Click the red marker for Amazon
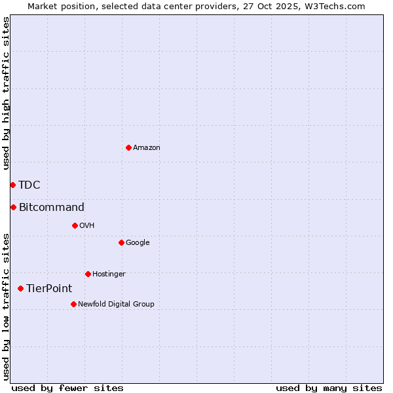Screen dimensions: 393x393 [x=128, y=147]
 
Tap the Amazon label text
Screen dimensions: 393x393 [x=147, y=148]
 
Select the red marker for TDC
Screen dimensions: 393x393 [x=12, y=185]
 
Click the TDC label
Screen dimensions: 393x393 [x=29, y=185]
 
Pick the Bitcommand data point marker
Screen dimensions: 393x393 [x=13, y=207]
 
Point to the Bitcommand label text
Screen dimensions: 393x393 [x=52, y=208]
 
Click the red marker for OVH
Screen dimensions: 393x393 [x=75, y=225]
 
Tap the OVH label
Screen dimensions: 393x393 [x=87, y=226]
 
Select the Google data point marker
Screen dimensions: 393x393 [x=121, y=242]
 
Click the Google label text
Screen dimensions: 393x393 [x=138, y=243]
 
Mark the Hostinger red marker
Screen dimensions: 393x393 [x=88, y=274]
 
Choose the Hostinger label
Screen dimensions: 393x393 [x=109, y=274]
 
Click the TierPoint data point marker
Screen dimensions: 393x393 [x=20, y=288]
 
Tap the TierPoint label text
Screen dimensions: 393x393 [x=49, y=289]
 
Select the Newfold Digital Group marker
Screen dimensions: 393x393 [x=73, y=304]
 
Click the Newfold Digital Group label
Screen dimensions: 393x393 [x=116, y=305]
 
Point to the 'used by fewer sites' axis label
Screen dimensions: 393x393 [x=67, y=388]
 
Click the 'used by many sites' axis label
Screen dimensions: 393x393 [x=329, y=388]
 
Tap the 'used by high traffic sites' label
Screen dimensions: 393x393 [x=6, y=94]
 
